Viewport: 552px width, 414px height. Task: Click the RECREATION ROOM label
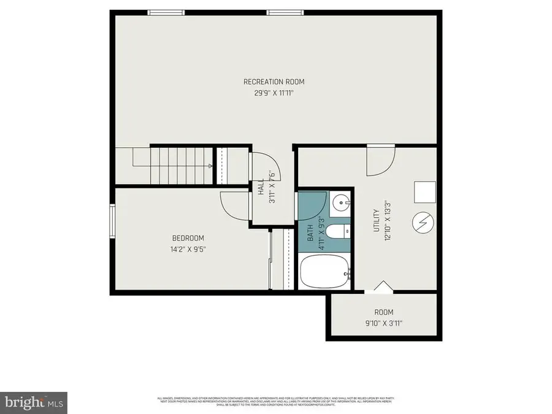pos(274,82)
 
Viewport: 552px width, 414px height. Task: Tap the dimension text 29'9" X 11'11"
pos(274,93)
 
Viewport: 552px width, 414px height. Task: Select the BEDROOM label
pos(188,238)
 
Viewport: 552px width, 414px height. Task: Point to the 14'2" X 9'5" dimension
pos(188,249)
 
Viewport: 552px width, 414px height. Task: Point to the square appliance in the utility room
pos(424,192)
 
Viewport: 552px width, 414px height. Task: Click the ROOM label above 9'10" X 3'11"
pos(384,312)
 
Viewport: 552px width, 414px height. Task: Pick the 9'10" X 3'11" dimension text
pos(384,323)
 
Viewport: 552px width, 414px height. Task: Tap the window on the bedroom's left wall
pos(112,220)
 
